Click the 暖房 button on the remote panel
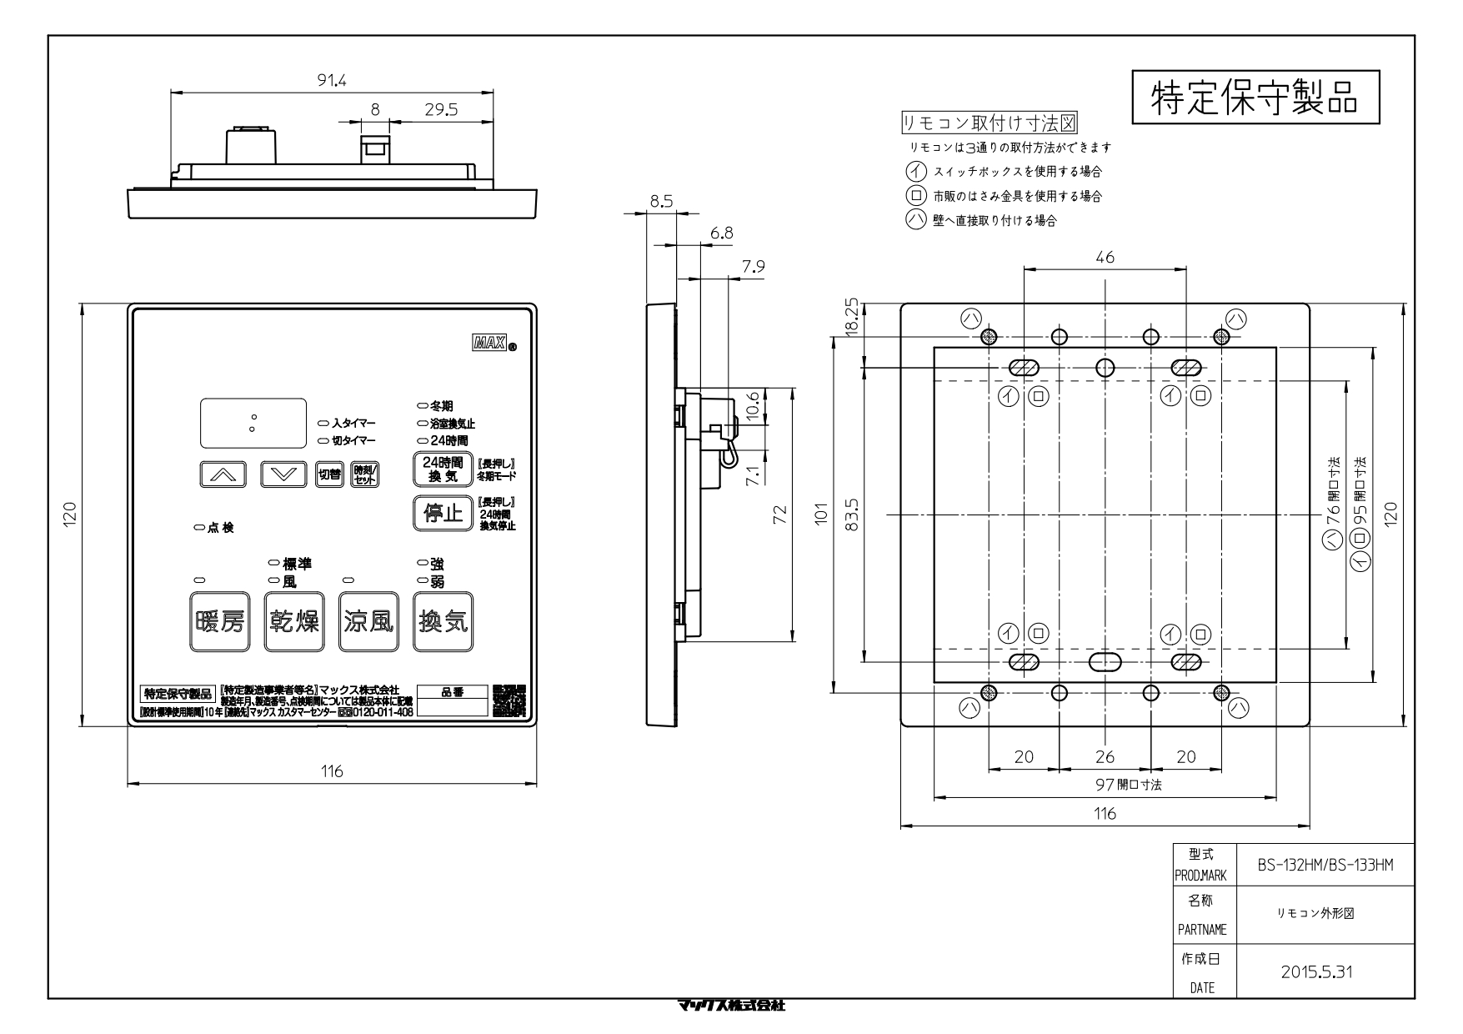tap(220, 621)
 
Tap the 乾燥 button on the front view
tap(294, 621)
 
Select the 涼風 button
tap(368, 621)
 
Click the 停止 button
tap(442, 513)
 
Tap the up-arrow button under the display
tap(223, 474)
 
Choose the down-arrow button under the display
tap(284, 474)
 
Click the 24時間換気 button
tap(442, 469)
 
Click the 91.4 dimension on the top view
tap(331, 81)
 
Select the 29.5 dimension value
tap(440, 109)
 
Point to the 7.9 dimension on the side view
tap(753, 267)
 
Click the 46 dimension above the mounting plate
tap(1105, 258)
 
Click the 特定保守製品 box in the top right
tap(1255, 98)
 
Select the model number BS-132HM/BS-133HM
tap(1325, 866)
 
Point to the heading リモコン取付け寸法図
tap(990, 124)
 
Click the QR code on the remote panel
tap(509, 701)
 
